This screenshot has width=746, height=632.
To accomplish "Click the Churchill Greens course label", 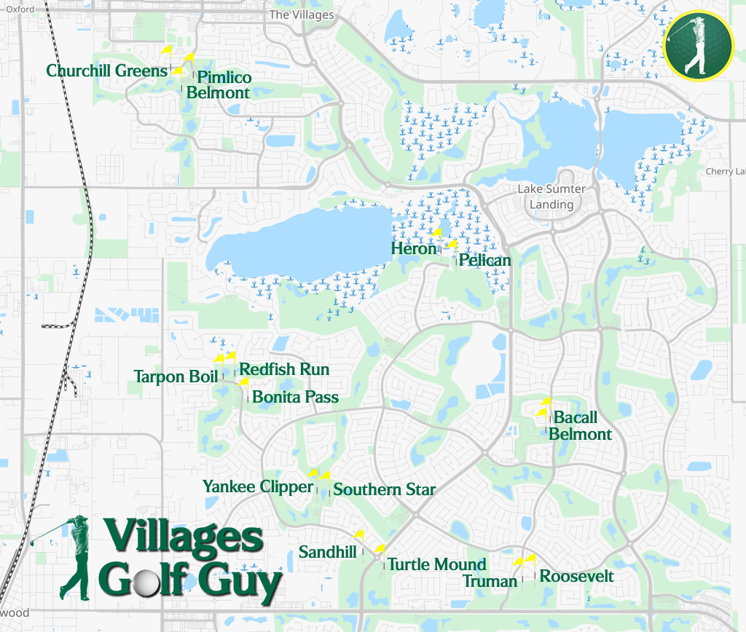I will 107,71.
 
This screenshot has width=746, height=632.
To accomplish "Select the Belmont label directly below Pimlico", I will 218,92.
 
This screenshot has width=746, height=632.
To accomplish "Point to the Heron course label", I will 414,248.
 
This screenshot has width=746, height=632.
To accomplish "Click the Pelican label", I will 485,260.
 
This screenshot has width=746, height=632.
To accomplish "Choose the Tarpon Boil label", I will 176,376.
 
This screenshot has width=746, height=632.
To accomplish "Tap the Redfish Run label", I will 284,369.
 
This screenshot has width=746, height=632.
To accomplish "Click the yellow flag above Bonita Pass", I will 243,382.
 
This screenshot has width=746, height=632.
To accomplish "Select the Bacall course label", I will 576,418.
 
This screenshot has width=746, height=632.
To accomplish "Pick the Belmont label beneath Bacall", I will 580,434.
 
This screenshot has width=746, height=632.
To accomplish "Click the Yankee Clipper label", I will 258,486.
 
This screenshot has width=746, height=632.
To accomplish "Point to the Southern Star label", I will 384,489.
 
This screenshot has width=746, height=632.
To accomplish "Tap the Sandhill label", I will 328,553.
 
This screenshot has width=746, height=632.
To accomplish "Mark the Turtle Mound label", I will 436,564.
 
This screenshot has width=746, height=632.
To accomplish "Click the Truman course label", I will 490,581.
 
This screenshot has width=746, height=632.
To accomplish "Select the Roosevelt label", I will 576,576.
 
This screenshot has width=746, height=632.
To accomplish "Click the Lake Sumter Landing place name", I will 551,197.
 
